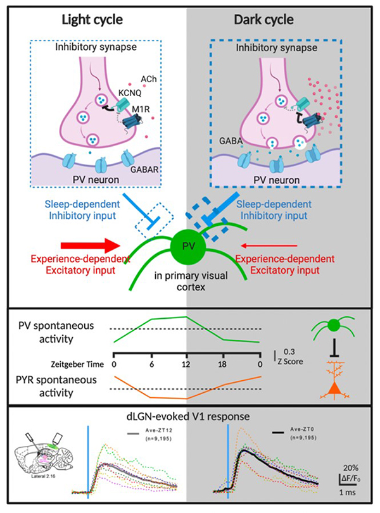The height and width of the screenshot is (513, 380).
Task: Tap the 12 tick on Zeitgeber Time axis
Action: point(187,364)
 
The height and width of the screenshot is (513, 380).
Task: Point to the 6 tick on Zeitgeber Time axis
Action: point(151,364)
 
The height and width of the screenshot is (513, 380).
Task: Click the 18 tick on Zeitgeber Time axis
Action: point(224,364)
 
